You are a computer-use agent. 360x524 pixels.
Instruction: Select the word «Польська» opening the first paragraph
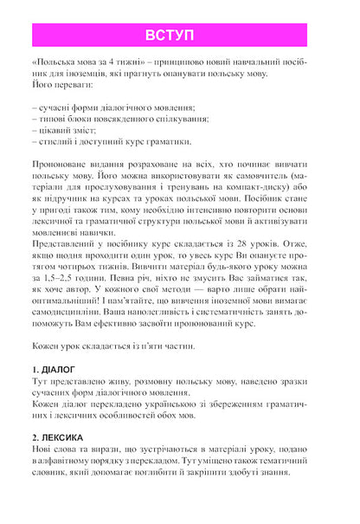click(x=53, y=65)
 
